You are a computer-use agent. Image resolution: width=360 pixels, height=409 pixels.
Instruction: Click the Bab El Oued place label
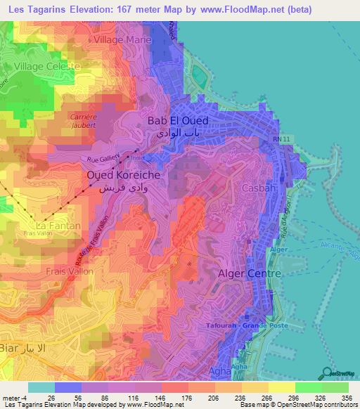coord(178,121)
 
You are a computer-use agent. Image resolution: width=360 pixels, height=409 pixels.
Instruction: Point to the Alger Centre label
coord(250,273)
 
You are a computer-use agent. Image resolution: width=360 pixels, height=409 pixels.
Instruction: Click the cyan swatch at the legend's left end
coord(41,387)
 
